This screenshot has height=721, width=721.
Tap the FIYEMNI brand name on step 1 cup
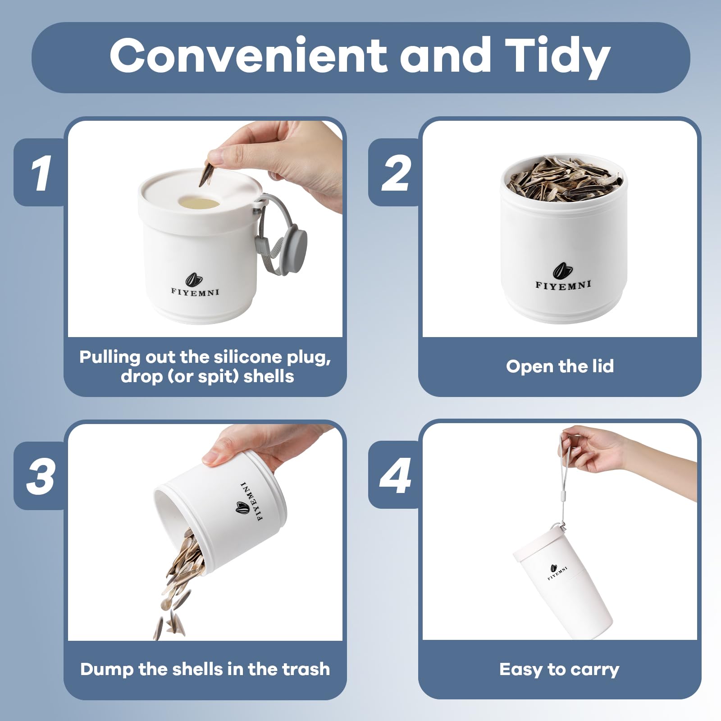pyautogui.click(x=195, y=292)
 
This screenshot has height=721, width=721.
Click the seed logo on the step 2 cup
pyautogui.click(x=562, y=271)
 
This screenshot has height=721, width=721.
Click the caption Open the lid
pyautogui.click(x=560, y=367)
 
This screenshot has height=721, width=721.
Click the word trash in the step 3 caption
pyautogui.click(x=306, y=670)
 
